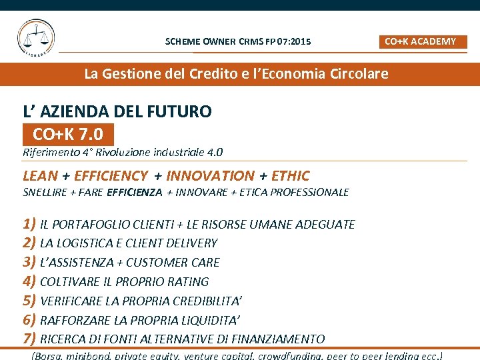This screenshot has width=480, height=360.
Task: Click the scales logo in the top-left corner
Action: [36, 38]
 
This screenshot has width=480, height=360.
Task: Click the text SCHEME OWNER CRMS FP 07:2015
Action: [237, 42]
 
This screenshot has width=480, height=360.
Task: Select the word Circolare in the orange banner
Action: [359, 74]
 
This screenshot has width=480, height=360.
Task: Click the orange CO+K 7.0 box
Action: [68, 135]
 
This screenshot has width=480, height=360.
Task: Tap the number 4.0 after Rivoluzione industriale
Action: [215, 153]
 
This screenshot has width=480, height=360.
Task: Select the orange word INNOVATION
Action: [210, 176]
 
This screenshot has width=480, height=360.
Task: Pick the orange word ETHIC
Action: [291, 176]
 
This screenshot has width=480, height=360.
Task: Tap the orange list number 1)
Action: [29, 224]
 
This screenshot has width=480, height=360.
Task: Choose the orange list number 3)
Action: [29, 262]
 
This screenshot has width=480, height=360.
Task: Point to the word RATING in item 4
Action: [189, 282]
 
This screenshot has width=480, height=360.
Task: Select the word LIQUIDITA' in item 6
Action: [208, 320]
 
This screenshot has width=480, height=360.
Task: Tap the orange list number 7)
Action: [29, 339]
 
